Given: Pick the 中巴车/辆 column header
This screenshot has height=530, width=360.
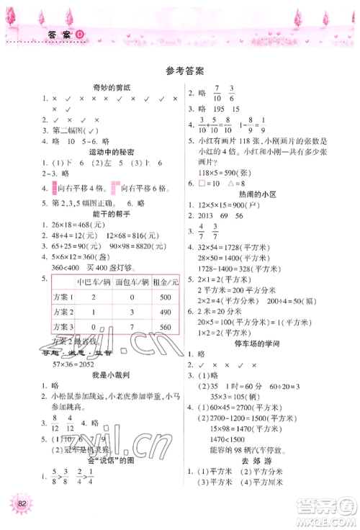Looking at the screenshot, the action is [92, 282].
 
